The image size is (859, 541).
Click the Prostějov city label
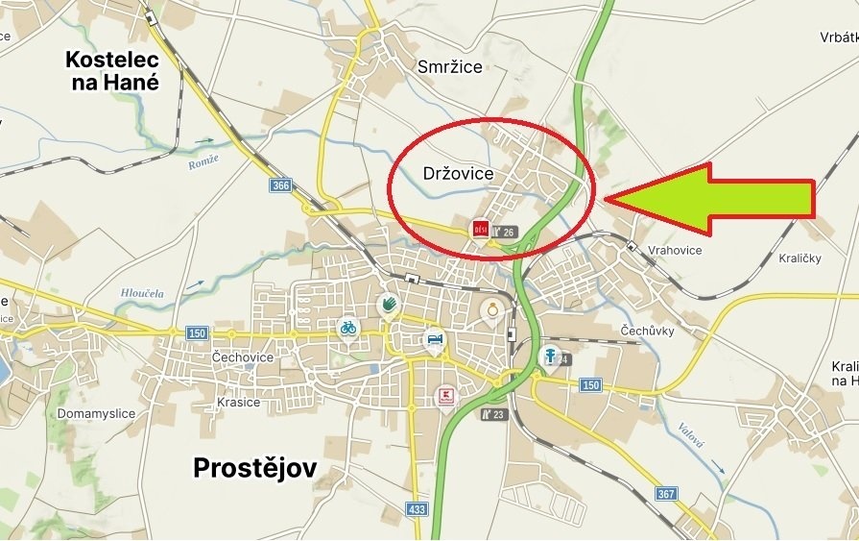254,468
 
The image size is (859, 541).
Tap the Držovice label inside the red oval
458,174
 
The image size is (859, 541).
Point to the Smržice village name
450,66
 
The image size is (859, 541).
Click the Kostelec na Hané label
111,71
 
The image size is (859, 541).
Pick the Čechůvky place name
647,331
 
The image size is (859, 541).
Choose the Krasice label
237,402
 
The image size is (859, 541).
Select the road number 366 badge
280,185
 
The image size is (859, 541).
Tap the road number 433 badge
416,508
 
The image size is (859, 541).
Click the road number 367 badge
666,494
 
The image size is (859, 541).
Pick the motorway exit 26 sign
505,232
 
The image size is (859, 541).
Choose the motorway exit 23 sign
494,414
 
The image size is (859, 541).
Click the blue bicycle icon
347,327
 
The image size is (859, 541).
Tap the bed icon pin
435,339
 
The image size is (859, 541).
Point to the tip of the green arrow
606,199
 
